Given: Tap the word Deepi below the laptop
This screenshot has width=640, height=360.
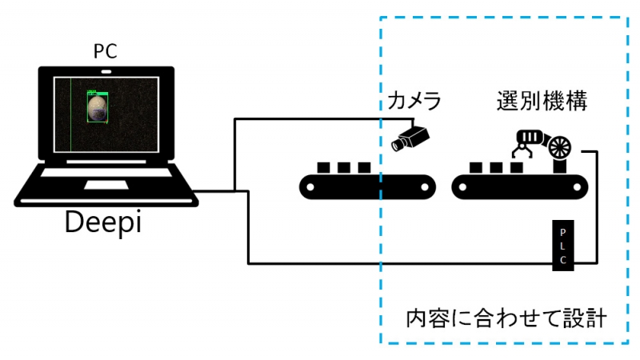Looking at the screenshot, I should (x=103, y=220).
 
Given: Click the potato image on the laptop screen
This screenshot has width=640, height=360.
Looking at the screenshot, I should (x=97, y=107).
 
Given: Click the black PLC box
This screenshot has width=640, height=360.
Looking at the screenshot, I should (x=563, y=244).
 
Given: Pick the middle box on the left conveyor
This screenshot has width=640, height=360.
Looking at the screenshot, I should (x=344, y=168).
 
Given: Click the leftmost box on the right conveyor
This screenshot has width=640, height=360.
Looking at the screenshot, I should (x=476, y=168).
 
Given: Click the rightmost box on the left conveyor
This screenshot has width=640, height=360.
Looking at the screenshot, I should (x=364, y=168).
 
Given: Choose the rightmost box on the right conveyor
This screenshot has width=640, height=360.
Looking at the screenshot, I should (x=517, y=168).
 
